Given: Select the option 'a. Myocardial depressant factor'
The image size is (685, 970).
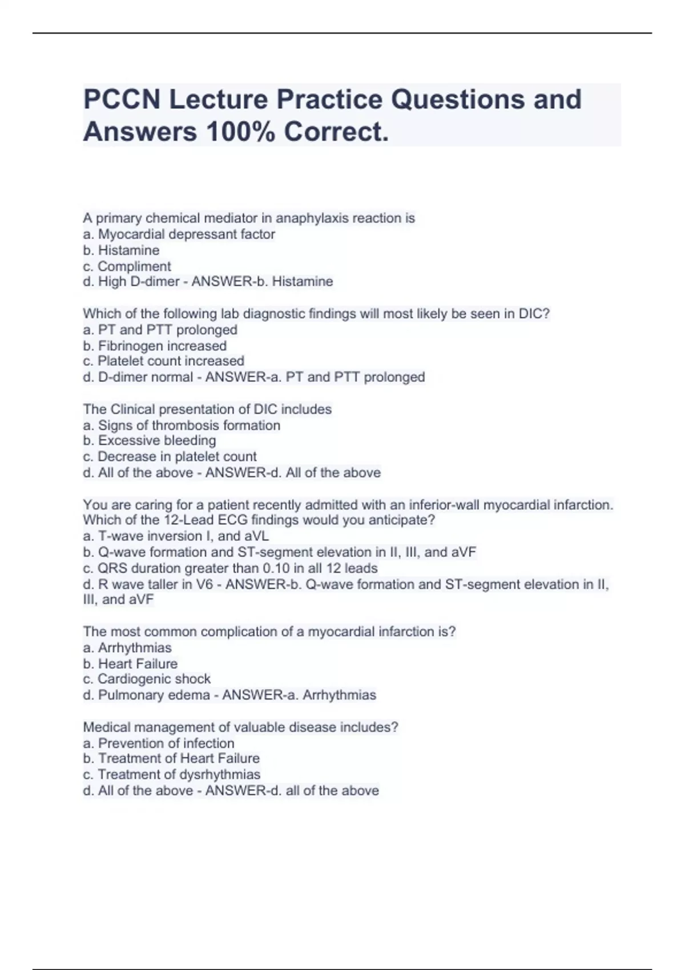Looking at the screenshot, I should click(x=179, y=235).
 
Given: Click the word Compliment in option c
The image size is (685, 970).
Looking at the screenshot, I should click(x=134, y=266).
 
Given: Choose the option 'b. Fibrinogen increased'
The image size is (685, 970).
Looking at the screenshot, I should click(x=155, y=346).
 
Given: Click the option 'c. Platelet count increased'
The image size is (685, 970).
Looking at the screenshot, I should click(x=163, y=361).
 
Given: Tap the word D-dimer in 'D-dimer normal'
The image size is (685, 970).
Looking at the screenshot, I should click(x=123, y=377).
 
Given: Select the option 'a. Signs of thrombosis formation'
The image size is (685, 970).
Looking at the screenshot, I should click(x=182, y=426).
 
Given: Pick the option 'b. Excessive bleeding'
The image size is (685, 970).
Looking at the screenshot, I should click(x=150, y=440).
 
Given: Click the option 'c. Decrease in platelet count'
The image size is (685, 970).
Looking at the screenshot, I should click(x=170, y=456).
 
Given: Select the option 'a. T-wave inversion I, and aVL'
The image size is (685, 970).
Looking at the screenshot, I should click(x=176, y=536).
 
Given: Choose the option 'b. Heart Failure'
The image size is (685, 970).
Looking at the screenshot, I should click(x=130, y=664).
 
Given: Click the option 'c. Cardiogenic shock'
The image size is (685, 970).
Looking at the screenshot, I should click(x=147, y=679).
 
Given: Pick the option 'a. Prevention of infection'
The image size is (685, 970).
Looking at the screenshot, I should click(x=158, y=743).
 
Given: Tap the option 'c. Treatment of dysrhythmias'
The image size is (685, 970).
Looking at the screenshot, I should click(x=171, y=774).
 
